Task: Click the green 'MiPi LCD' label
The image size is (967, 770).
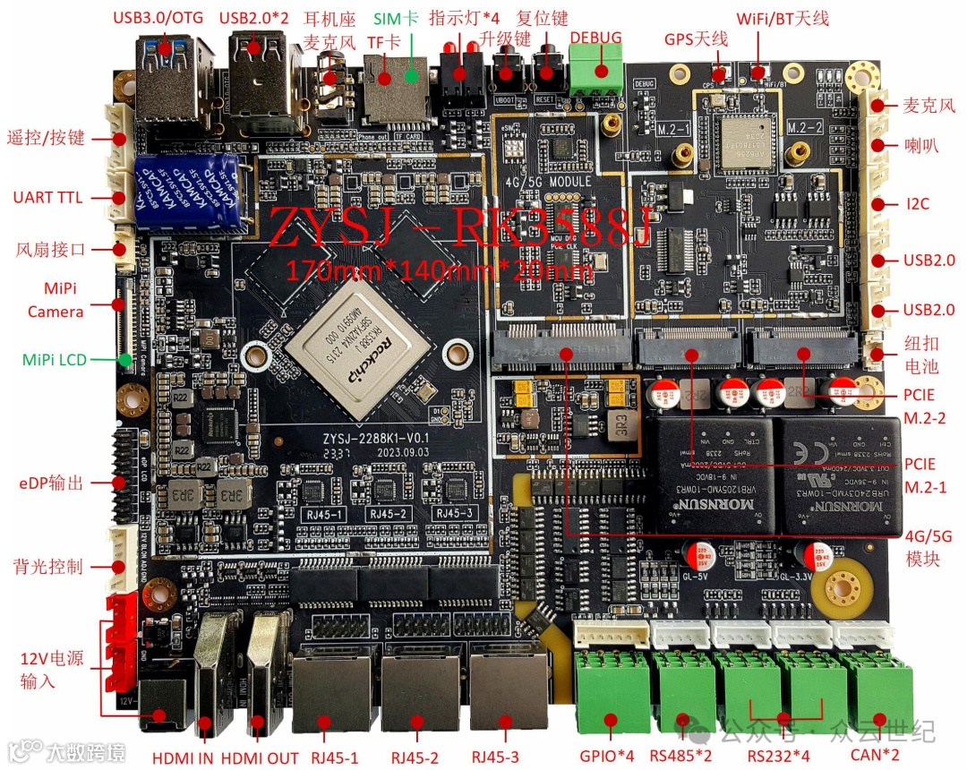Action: [54, 359]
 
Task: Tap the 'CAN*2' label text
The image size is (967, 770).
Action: [877, 755]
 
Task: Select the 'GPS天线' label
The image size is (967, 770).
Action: [696, 39]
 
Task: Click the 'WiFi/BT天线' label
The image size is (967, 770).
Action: [782, 18]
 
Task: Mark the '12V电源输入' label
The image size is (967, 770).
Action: [51, 670]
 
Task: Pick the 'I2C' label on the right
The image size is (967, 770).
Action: [917, 203]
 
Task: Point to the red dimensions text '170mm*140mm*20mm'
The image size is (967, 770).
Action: [438, 269]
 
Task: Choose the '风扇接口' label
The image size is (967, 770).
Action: [50, 250]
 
